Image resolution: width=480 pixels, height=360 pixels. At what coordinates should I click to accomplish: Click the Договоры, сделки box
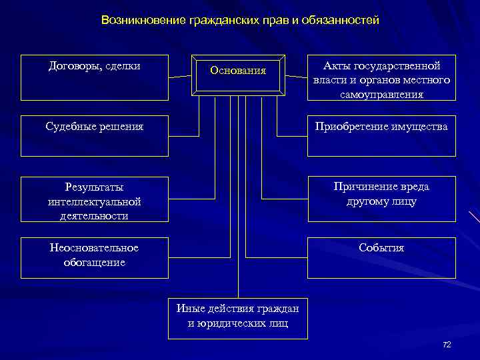click(x=94, y=77)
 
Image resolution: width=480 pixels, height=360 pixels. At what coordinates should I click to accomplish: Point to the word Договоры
click(x=73, y=66)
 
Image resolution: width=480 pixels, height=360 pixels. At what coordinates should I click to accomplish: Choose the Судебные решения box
click(x=94, y=135)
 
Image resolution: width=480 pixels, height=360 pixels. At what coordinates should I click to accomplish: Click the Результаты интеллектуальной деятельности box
click(x=94, y=199)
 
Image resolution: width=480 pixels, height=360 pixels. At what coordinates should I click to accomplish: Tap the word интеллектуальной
click(x=94, y=201)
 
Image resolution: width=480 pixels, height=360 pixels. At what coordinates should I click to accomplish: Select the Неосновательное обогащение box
click(x=94, y=257)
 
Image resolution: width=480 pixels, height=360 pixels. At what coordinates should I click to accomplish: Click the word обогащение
click(x=94, y=262)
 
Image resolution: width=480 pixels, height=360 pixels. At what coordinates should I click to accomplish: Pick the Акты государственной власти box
click(x=382, y=77)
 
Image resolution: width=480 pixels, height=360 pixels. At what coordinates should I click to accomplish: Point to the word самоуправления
click(x=382, y=94)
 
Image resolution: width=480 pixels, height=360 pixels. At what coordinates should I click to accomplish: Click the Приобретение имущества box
click(x=382, y=135)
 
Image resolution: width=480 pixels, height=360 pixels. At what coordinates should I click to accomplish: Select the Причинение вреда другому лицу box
click(x=382, y=199)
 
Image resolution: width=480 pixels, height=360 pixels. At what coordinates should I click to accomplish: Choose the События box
click(x=382, y=257)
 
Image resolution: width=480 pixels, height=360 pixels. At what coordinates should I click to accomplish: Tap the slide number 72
click(x=447, y=344)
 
